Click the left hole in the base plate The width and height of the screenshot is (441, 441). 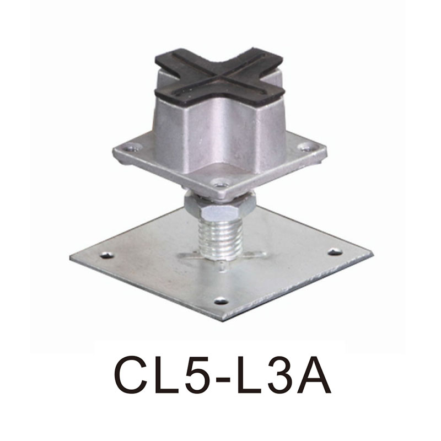106,255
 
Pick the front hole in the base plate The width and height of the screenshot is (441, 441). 221,301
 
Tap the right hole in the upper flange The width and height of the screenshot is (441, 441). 305,147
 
